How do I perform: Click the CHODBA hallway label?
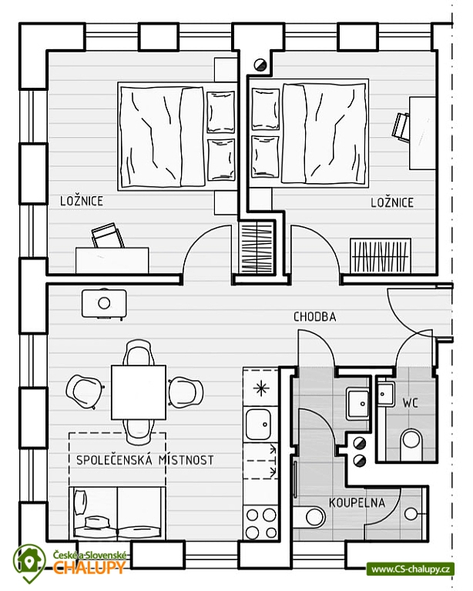coord(314,317)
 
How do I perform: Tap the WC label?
coord(410,403)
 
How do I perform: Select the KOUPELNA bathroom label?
coord(357,503)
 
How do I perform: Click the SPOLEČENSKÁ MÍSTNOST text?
coord(145,460)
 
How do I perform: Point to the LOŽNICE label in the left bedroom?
coord(82,201)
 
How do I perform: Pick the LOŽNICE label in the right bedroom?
coord(392,203)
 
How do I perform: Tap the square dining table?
coord(139,392)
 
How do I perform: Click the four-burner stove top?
coord(260,523)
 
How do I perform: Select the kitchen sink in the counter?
coord(258,424)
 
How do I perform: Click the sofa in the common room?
coord(117,513)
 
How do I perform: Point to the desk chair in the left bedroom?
coord(108,236)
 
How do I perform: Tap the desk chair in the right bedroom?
coord(401,127)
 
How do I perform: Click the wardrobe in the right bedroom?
coord(381,255)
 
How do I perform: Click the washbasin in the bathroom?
coord(357,404)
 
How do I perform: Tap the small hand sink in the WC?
coord(385,394)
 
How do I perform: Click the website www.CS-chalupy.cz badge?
coord(410,569)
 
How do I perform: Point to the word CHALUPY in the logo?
coord(89,566)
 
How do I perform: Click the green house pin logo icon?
coord(29,563)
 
